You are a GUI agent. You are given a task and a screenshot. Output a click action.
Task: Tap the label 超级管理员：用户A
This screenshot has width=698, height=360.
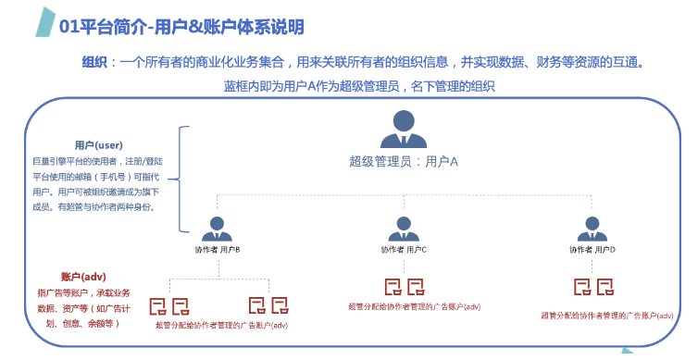[405, 160]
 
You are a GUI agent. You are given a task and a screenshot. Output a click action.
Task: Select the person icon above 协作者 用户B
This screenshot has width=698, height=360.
[218, 227]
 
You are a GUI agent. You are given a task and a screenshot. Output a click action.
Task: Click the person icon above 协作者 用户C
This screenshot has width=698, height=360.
[403, 227]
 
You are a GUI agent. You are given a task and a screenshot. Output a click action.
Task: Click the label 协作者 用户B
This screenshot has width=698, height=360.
[218, 250]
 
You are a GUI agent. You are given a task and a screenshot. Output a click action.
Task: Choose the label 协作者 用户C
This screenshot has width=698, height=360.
[404, 250]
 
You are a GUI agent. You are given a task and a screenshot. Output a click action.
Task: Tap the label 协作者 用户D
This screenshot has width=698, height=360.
[592, 250]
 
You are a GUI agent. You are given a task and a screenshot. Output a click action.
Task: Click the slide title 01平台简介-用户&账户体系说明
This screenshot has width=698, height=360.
[181, 28]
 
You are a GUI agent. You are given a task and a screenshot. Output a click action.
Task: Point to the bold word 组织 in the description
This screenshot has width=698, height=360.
[94, 63]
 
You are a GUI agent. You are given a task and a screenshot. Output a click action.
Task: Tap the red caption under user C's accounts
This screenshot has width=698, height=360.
[414, 307]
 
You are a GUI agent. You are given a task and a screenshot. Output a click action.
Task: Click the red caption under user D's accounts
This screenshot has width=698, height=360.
[607, 317]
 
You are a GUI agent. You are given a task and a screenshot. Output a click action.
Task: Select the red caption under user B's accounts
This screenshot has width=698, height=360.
[222, 325]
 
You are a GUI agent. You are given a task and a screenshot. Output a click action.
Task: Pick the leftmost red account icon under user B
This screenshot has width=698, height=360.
[158, 303]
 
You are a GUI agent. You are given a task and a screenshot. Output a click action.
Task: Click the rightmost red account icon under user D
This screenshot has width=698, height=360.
[605, 286]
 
